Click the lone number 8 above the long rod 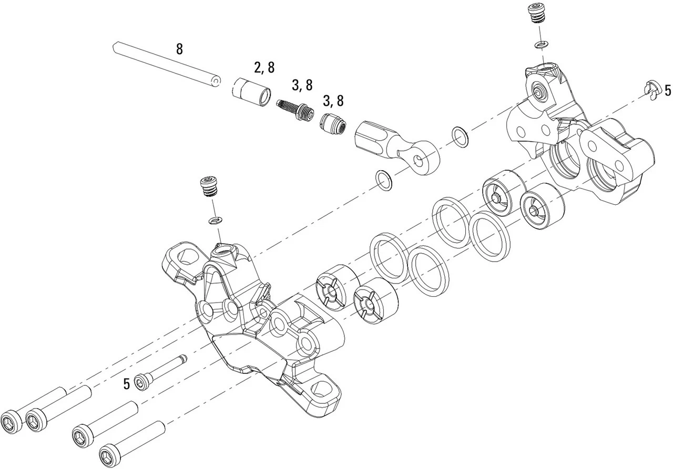point(179,49)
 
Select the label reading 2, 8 point(264,67)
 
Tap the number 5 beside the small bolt point(126,384)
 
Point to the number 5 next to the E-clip point(668,90)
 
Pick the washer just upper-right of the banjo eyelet point(461,135)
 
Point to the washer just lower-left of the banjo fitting point(384,180)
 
